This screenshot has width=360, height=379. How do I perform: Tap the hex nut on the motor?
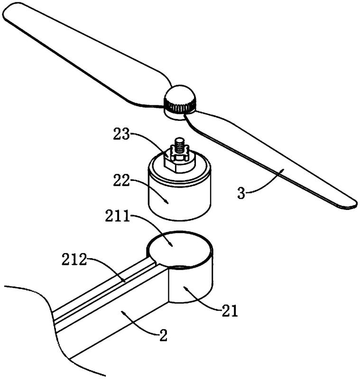pos(177,160)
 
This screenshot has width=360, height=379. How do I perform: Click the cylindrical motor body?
pos(179,197)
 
